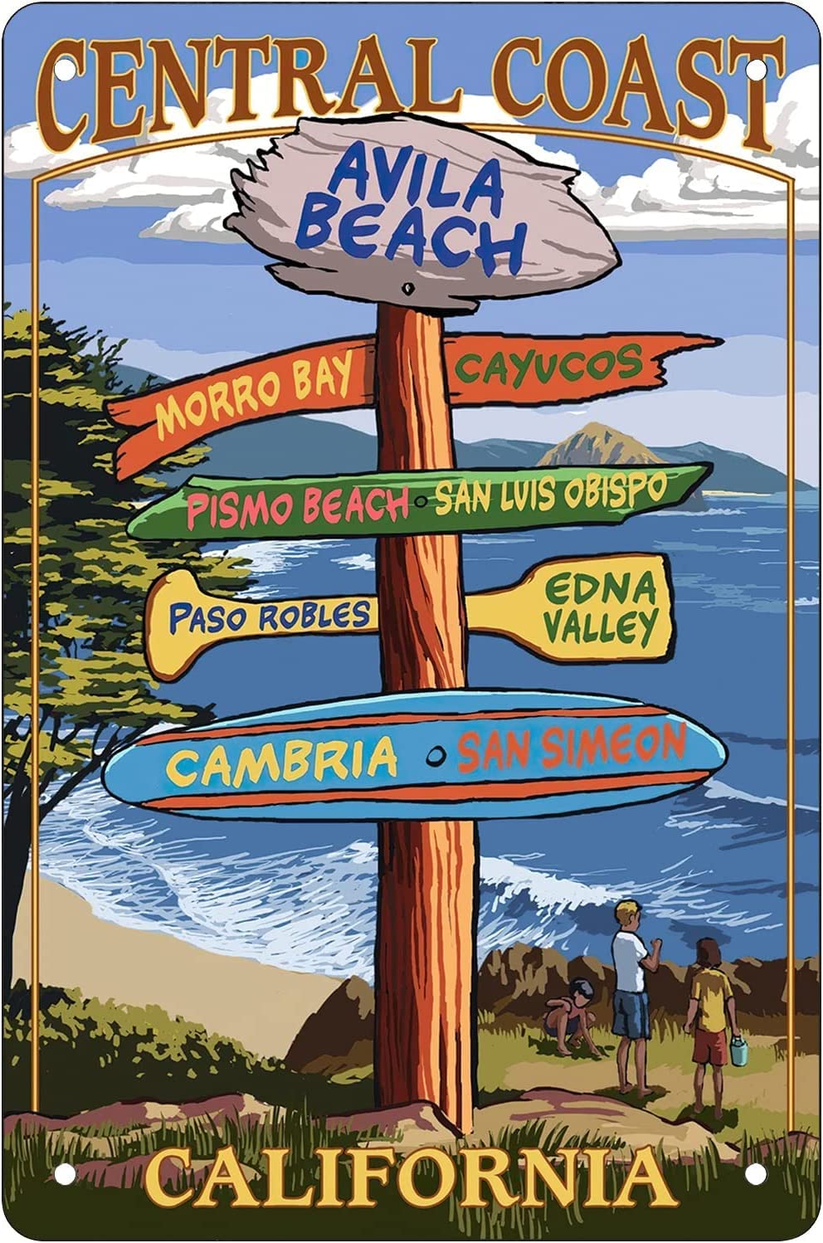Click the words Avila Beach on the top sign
(412, 209)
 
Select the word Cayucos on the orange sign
(548, 365)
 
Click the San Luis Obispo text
(550, 492)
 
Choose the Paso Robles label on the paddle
(269, 617)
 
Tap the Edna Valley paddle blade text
(601, 610)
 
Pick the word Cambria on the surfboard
(281, 762)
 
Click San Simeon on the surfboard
(571, 746)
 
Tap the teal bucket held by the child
(738, 1050)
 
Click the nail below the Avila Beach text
(407, 290)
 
